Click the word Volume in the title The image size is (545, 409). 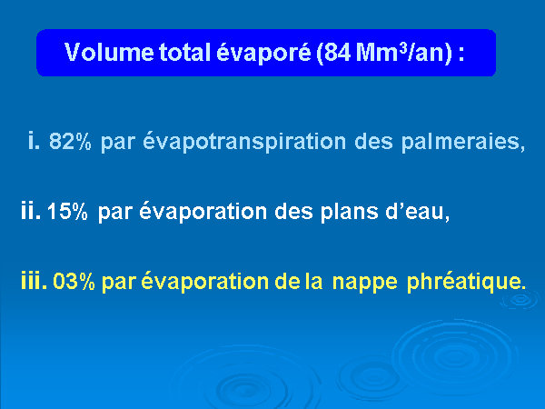[110, 53]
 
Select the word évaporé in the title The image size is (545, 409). [263, 53]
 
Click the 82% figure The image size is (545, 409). [70, 142]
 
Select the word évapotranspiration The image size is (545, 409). [244, 141]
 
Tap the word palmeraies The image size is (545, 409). [461, 142]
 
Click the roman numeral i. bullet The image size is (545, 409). [34, 141]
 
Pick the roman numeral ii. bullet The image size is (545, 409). [31, 210]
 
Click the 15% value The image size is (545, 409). [67, 211]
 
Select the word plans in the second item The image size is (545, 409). [350, 212]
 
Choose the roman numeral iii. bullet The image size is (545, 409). [35, 280]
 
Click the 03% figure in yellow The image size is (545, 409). [74, 282]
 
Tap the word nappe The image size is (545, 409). [365, 283]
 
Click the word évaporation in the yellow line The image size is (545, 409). [205, 281]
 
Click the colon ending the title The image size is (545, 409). [461, 55]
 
